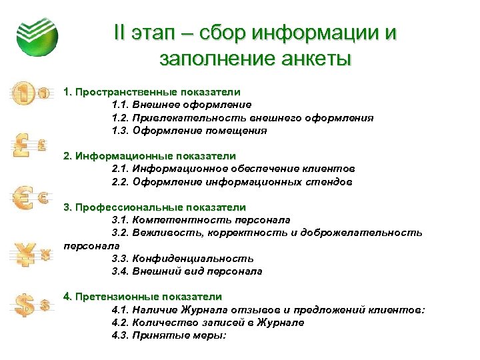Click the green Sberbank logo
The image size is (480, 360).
pyautogui.click(x=37, y=34)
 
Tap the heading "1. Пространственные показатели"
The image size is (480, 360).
pyautogui.click(x=151, y=91)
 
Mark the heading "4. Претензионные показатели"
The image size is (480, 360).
pyautogui.click(x=143, y=296)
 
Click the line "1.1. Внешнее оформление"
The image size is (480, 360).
pyautogui.click(x=181, y=105)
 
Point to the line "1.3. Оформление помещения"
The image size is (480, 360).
pyautogui.click(x=189, y=131)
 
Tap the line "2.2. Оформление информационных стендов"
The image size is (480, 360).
pyautogui.click(x=232, y=181)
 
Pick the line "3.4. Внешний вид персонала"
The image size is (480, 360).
pyautogui.click(x=187, y=271)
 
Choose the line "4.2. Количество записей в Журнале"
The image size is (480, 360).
pyautogui.click(x=208, y=322)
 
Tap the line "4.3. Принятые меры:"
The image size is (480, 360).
pyautogui.click(x=169, y=335)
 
